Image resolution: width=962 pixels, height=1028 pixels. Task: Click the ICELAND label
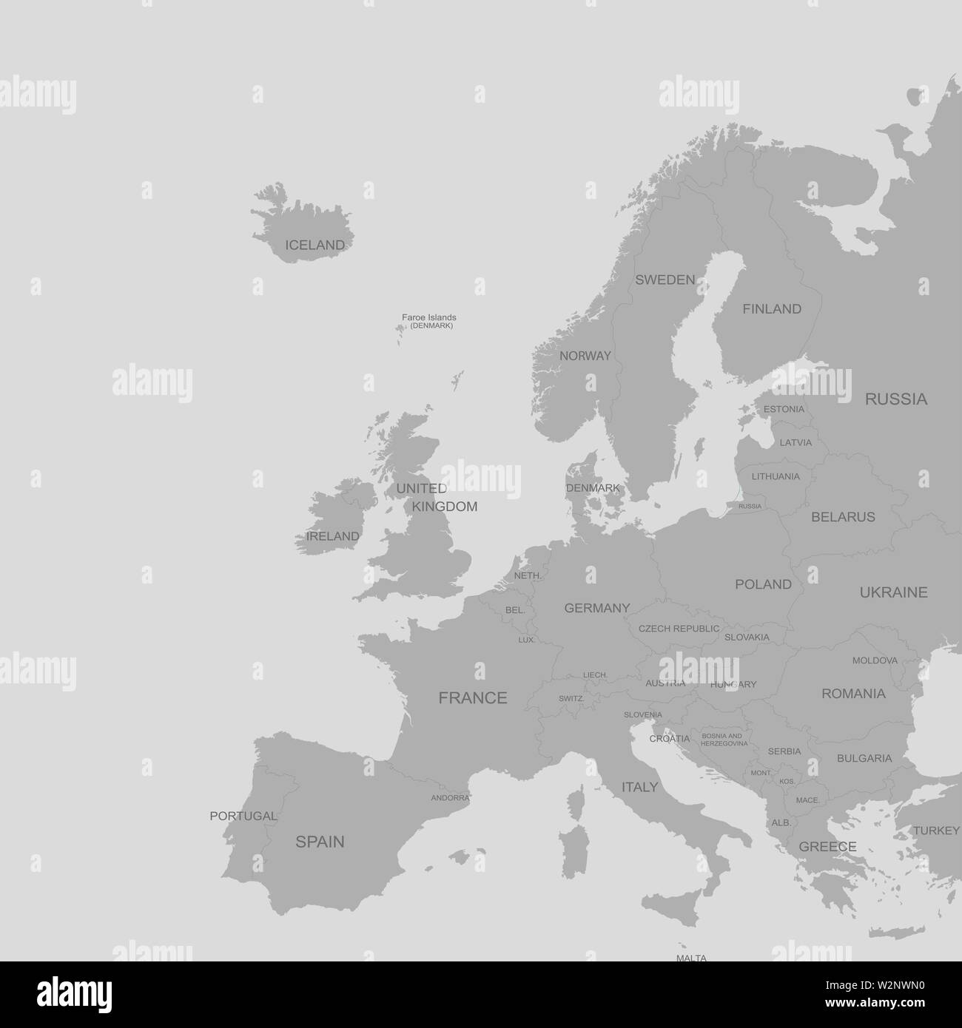(314, 245)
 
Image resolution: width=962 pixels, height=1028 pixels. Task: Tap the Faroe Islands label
(429, 317)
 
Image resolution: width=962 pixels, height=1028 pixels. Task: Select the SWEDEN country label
(665, 280)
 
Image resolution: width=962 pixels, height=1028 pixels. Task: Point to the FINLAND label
(772, 309)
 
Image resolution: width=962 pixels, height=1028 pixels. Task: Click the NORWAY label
(585, 356)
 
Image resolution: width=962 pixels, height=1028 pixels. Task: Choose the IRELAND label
(333, 535)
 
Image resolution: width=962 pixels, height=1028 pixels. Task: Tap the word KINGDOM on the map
(444, 507)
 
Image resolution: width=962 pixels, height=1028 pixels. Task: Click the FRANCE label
(473, 697)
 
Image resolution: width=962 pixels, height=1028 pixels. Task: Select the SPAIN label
(320, 841)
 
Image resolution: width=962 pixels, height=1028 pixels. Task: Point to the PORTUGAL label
(243, 816)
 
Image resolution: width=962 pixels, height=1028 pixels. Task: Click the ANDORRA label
(450, 798)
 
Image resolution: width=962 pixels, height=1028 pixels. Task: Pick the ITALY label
(639, 787)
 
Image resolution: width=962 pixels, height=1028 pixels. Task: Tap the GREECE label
(827, 847)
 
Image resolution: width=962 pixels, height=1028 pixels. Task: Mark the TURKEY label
(935, 831)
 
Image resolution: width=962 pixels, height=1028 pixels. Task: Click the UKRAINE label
(893, 592)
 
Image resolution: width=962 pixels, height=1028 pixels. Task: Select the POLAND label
(763, 584)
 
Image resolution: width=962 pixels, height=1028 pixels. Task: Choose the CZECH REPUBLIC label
(679, 629)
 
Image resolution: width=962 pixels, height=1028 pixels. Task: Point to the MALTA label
(691, 958)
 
